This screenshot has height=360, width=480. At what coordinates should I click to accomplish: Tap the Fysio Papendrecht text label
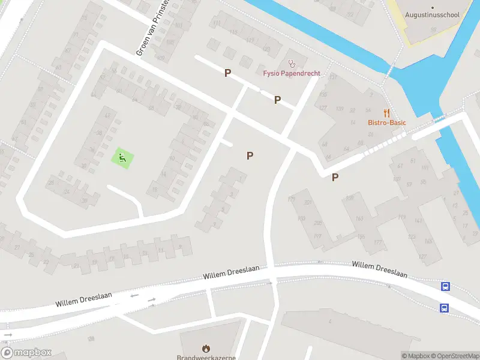[292, 74]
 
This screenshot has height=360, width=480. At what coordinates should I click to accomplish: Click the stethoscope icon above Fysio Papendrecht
[292, 62]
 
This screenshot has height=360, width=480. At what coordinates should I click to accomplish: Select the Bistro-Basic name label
[387, 123]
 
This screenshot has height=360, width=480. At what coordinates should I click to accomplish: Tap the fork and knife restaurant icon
[387, 112]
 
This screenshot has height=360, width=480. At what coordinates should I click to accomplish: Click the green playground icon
[122, 158]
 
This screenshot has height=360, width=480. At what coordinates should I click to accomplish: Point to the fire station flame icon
[206, 348]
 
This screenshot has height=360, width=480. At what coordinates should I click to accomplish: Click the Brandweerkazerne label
[206, 358]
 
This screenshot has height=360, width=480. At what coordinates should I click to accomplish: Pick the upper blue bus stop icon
[445, 287]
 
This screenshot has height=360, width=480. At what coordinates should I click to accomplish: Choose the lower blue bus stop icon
[444, 308]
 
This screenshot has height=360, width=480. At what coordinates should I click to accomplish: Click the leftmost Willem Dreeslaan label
[83, 299]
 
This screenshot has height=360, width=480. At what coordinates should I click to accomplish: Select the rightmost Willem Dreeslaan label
[379, 269]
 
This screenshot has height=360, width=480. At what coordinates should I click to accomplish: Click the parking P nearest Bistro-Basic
[335, 177]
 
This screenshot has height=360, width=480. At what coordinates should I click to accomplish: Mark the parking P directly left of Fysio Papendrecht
[227, 73]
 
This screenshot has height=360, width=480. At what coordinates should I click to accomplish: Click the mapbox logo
[26, 353]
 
